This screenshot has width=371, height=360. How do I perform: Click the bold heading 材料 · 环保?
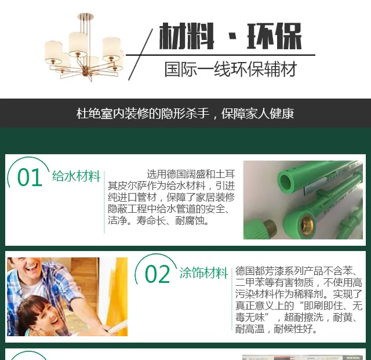coord(230,36)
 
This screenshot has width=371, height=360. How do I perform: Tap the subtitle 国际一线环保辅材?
coord(231,69)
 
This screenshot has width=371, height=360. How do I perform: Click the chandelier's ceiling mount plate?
coord(85,16)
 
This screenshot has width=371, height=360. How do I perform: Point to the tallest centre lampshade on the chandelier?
coord(78,42)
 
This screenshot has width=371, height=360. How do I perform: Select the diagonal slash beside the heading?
coord(140,54)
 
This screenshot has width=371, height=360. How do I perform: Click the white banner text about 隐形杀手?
coord(185,114)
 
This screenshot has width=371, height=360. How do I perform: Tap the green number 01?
coord(30,177)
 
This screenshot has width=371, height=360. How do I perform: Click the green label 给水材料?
coord(76,176)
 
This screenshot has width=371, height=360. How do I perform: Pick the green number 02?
coord(157,274)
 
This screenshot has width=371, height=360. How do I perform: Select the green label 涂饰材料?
coord(203,273)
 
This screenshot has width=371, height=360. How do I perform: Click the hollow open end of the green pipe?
coord(286,181)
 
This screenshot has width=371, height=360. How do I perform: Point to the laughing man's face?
coord(27,267)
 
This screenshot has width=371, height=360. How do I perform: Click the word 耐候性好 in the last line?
coord(293,329)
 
